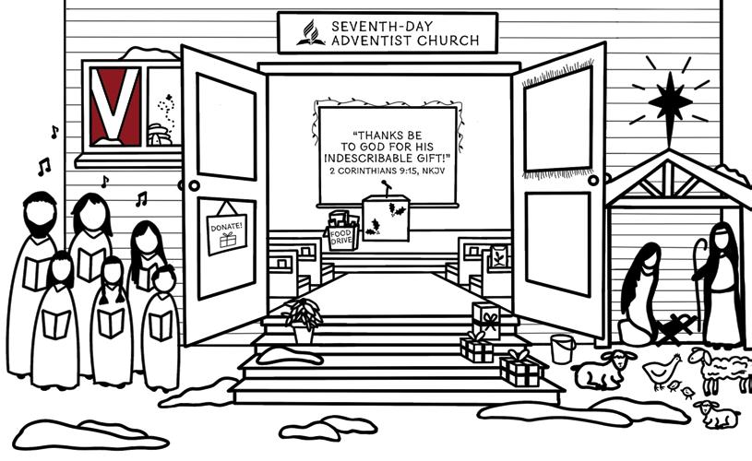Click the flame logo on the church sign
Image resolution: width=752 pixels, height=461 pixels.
coord(310,34)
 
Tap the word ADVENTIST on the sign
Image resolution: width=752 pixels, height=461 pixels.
coord(365,41)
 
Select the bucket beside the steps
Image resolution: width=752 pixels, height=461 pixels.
coord(563,349)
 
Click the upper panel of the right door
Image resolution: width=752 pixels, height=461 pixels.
coord(557,120)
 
